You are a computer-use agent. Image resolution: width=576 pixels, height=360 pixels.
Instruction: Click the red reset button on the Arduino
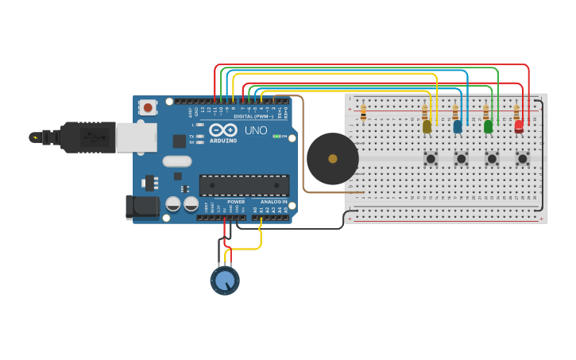tap(148, 106)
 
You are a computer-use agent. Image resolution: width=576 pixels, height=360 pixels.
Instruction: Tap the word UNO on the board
tap(256, 130)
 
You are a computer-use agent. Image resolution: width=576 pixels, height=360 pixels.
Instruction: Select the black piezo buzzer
tap(332, 158)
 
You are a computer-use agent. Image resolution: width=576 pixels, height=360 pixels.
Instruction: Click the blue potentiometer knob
tap(225, 281)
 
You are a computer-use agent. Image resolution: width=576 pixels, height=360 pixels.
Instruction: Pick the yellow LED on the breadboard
tap(427, 126)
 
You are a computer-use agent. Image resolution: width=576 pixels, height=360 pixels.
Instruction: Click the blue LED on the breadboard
tap(458, 126)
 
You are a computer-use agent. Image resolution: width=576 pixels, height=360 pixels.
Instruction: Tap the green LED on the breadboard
tap(488, 126)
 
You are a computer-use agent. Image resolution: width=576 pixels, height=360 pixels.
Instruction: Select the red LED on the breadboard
tap(519, 125)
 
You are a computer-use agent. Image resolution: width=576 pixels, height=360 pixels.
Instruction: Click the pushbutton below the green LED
tap(492, 159)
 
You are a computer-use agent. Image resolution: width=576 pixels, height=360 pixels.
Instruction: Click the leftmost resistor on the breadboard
tap(363, 114)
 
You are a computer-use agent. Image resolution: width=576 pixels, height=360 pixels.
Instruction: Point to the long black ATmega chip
tap(244, 185)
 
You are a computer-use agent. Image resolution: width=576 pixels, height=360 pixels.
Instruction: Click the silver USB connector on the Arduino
tap(136, 137)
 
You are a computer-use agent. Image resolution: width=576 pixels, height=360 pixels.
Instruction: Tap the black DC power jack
tap(142, 207)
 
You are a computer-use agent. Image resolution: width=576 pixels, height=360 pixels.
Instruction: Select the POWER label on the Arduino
tap(236, 202)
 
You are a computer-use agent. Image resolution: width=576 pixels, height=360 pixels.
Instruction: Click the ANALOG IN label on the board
tap(273, 202)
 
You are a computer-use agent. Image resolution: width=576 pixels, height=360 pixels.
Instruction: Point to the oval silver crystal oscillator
tap(177, 161)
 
